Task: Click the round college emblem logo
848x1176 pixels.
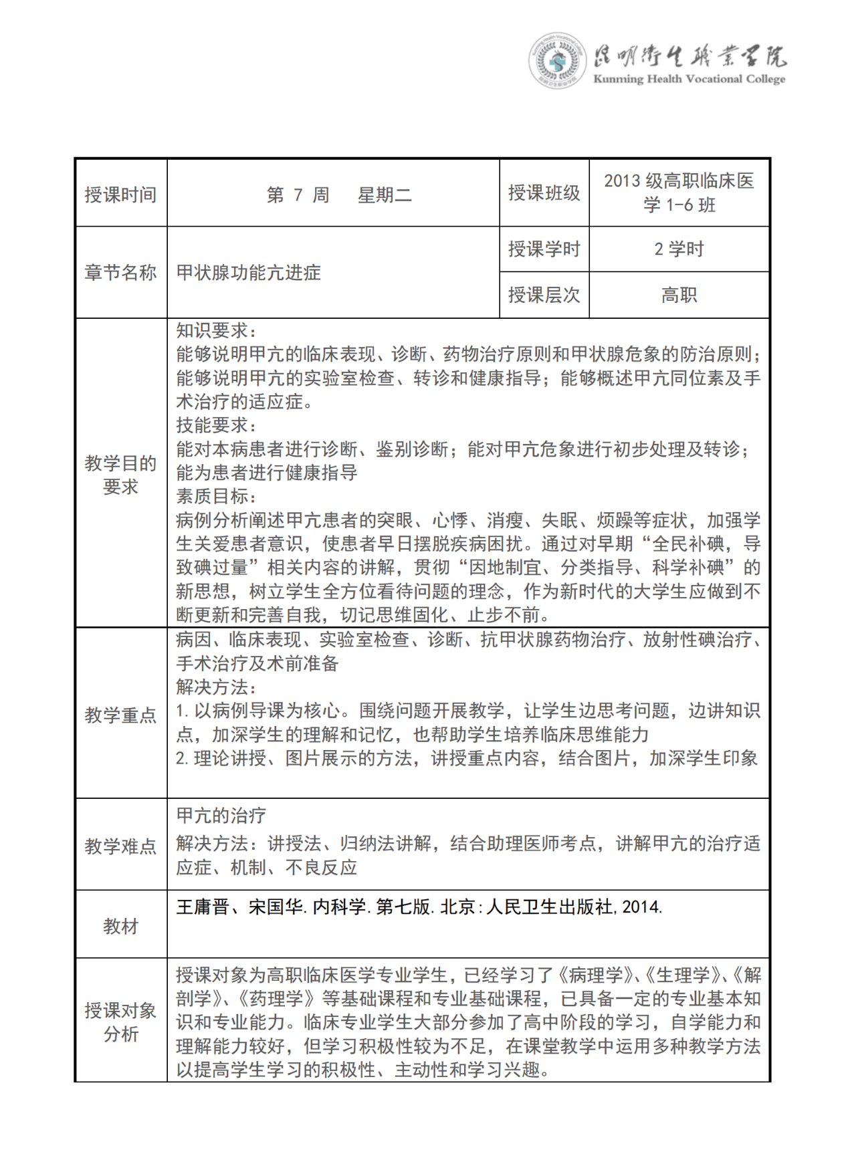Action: click(x=557, y=62)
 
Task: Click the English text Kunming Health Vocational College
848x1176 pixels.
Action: click(x=689, y=79)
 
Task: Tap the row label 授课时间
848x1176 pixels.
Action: click(x=120, y=195)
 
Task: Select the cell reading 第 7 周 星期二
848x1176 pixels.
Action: click(x=338, y=195)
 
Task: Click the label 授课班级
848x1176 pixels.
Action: click(x=544, y=193)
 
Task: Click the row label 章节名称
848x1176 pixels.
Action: click(x=120, y=273)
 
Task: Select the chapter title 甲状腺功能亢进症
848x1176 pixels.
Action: click(x=249, y=273)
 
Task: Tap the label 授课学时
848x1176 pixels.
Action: click(x=544, y=249)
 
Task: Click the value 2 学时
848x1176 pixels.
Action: click(x=679, y=249)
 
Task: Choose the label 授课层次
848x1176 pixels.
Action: click(x=544, y=295)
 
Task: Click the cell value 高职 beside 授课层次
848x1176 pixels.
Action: click(x=679, y=295)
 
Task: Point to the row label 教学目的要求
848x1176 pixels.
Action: click(x=120, y=475)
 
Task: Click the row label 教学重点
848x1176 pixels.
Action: click(x=120, y=715)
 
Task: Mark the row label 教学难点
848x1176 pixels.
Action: click(x=120, y=846)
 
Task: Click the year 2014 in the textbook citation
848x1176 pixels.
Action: click(x=641, y=907)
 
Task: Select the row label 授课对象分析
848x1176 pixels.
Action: click(x=120, y=1022)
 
